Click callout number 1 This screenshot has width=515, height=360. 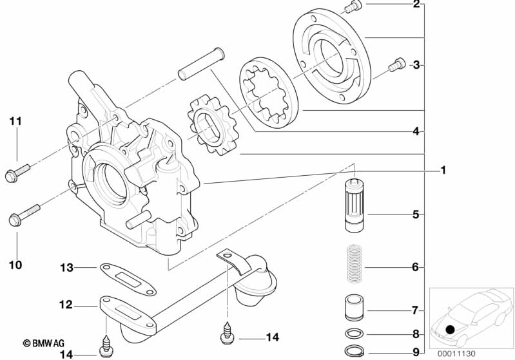(443, 170)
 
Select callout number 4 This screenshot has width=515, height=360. (416, 131)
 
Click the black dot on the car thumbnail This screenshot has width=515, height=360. (450, 329)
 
